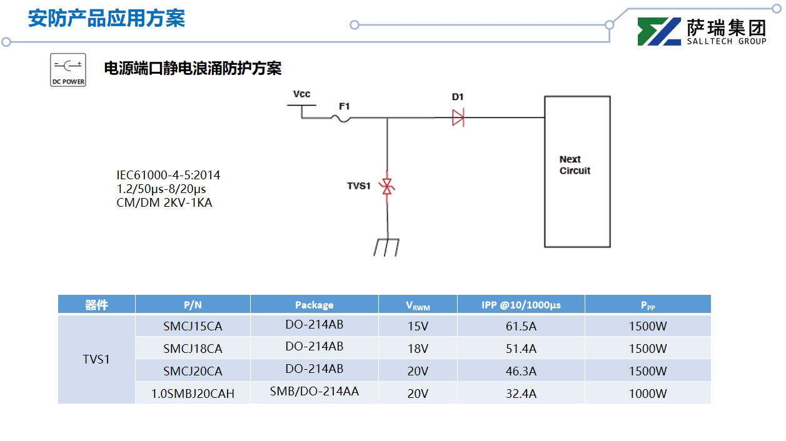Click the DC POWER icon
pos(68,70)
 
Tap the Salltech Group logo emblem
pos(658,31)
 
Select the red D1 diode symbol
pos(458,117)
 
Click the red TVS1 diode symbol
pos(387,186)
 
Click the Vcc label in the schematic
pos(301,94)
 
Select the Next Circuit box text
pos(575,165)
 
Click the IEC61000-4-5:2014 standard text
pos(168,176)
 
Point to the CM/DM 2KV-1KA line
pos(164,202)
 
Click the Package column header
pos(314,305)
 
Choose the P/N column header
pos(193,305)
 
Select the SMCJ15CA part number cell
pos(193,326)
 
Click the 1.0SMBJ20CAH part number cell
pos(193,394)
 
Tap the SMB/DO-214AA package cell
pos(314,392)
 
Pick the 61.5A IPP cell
pos(521,326)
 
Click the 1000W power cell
pos(648,394)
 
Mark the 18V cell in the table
pos(418,349)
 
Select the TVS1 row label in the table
pos(96,360)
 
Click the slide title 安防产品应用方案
pos(106,19)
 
